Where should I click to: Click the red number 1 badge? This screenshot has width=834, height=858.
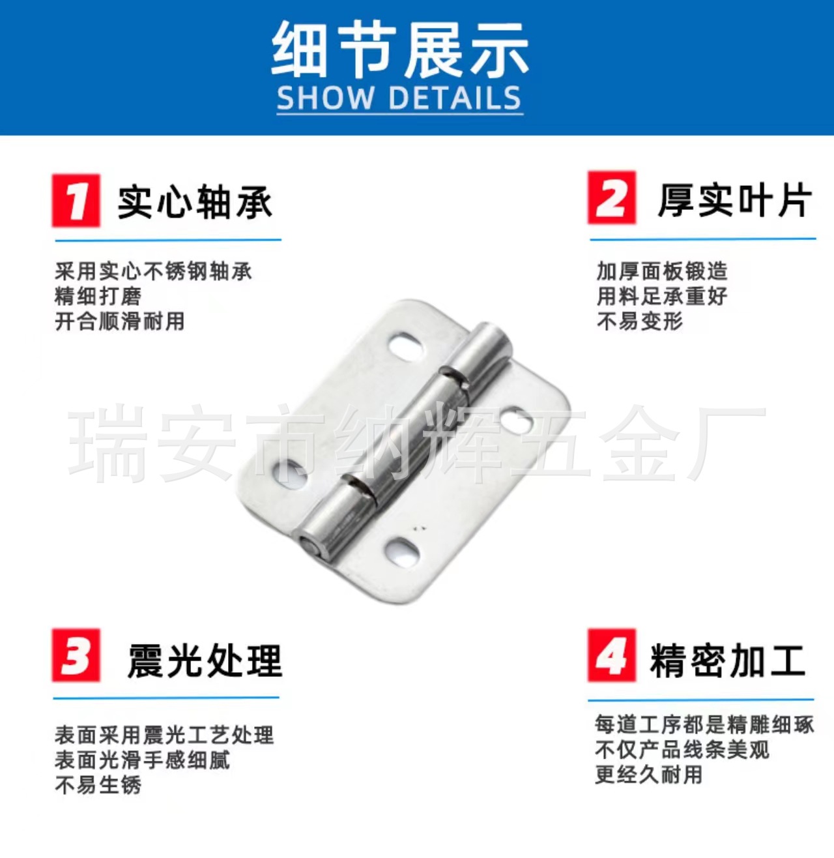[x=76, y=201]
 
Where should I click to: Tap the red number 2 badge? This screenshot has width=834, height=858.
[x=612, y=198]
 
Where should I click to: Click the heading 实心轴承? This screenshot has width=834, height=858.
[x=195, y=203]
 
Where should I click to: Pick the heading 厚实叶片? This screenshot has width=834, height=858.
[x=735, y=201]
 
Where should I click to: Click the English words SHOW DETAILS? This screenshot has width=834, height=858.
[x=399, y=97]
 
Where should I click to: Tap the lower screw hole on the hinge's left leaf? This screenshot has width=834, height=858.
[x=291, y=473]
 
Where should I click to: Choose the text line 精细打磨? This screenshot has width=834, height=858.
[x=98, y=296]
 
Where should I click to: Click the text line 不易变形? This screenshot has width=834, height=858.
[x=640, y=321]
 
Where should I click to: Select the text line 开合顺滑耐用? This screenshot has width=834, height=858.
[x=119, y=321]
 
